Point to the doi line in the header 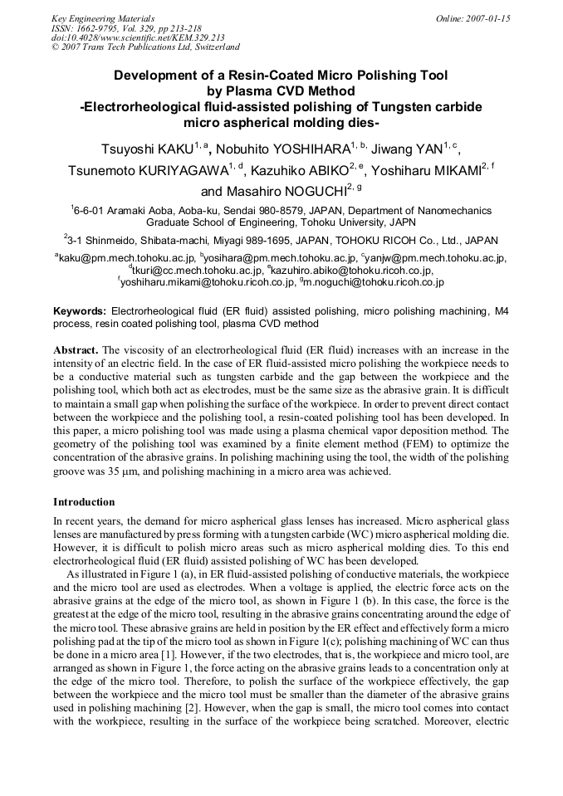[138, 38]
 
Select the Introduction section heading [84, 502]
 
